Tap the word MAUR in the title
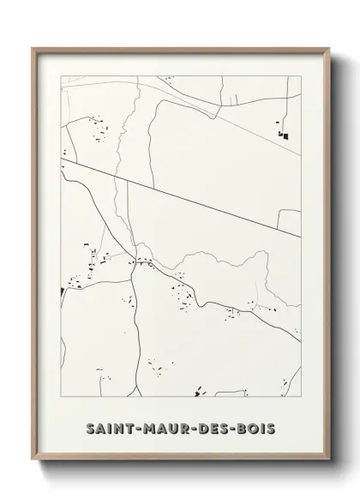pos(168,428)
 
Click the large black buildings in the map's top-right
pos(283,133)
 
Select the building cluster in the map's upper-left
pos(94,129)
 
